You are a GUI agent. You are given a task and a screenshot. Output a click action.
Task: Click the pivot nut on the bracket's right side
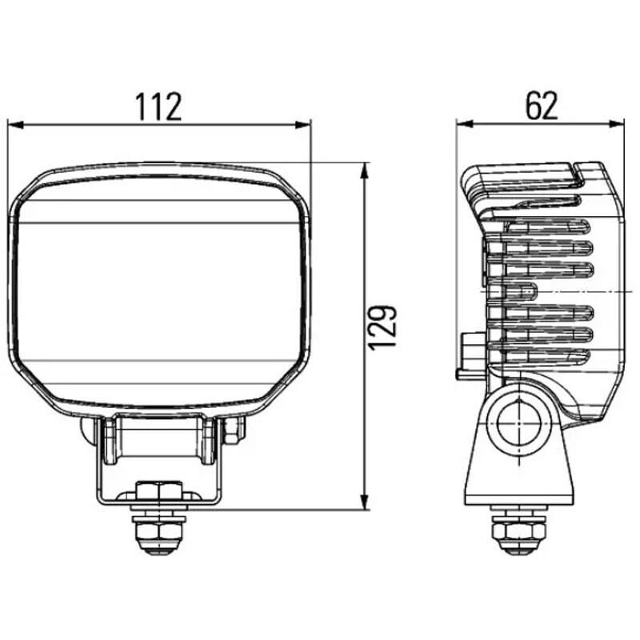(232, 431)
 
